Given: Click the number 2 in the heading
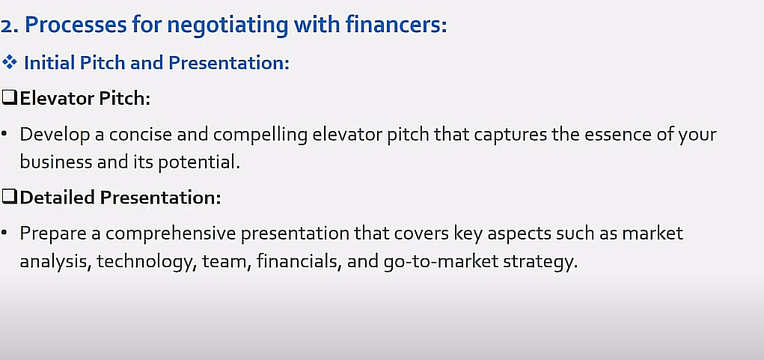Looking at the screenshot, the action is click(6, 25).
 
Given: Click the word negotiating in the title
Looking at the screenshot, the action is click(227, 26).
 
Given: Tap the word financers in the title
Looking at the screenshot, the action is click(396, 25).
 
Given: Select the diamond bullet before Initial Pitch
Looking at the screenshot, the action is click(10, 62).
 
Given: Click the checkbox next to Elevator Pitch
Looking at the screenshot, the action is click(10, 98).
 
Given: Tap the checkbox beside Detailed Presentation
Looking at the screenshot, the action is click(10, 197).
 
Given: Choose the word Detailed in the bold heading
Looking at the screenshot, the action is click(58, 198).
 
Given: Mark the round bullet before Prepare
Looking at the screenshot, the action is click(4, 233).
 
